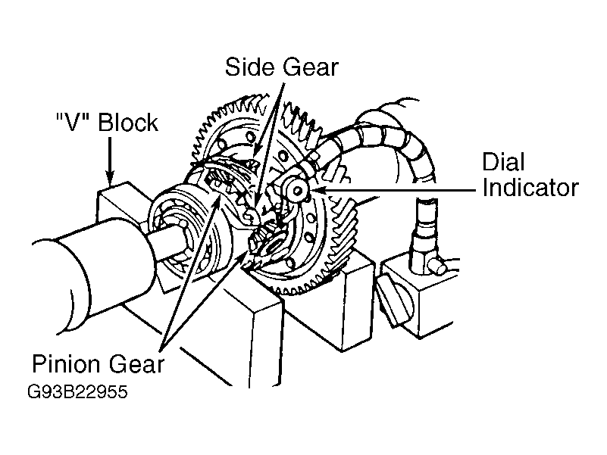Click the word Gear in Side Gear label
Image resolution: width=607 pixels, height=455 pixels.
tap(311, 67)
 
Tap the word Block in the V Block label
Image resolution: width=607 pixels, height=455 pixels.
tap(128, 123)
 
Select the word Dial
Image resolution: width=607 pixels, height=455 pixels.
tap(503, 161)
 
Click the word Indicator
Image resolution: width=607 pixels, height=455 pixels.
tap(530, 188)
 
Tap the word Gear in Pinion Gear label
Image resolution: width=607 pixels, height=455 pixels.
tap(136, 364)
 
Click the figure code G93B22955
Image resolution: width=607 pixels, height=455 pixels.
tap(77, 391)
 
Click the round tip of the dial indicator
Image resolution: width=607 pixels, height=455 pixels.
tap(297, 190)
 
